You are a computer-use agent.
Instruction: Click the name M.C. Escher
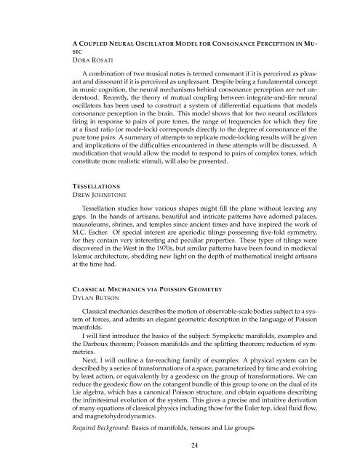92,241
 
